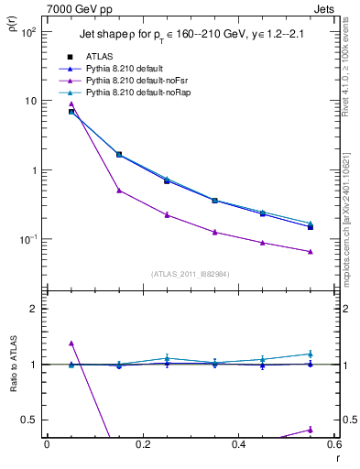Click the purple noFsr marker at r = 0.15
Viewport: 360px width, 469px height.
[x=119, y=191]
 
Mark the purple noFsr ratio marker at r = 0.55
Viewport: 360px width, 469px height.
[x=311, y=429]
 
